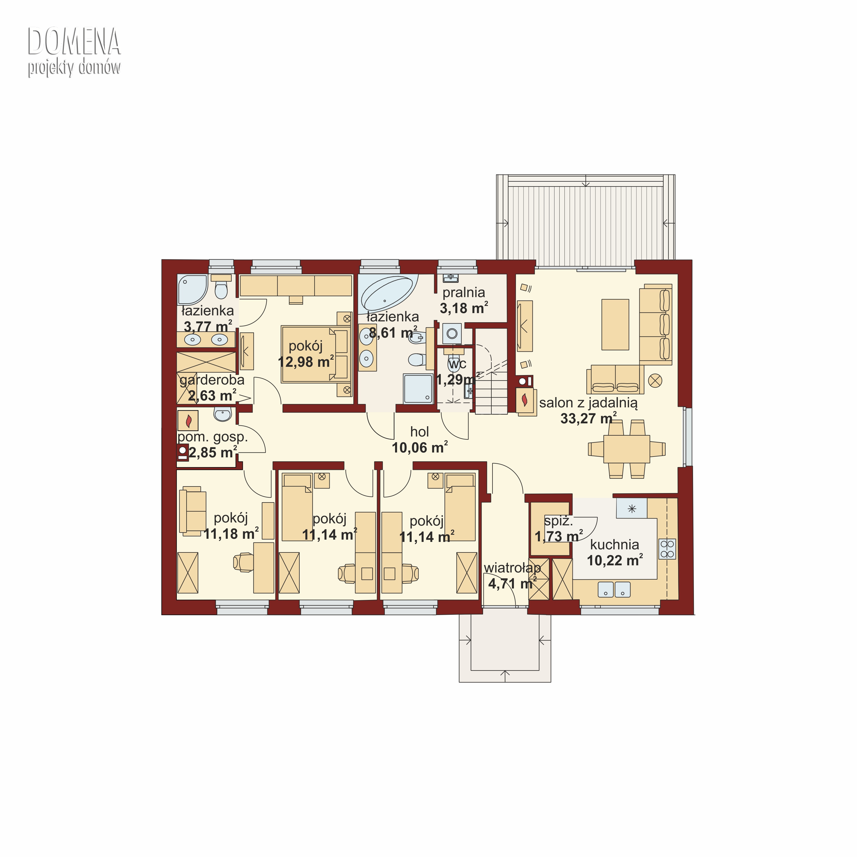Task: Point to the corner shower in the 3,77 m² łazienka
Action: point(192,290)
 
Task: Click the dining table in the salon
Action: point(627,449)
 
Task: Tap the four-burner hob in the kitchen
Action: point(667,549)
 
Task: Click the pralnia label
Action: point(464,293)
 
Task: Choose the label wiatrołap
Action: point(512,568)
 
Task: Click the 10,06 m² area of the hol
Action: point(420,448)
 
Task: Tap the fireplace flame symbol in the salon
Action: point(525,400)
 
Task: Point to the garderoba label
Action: point(212,380)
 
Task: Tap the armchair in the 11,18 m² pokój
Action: point(193,511)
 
